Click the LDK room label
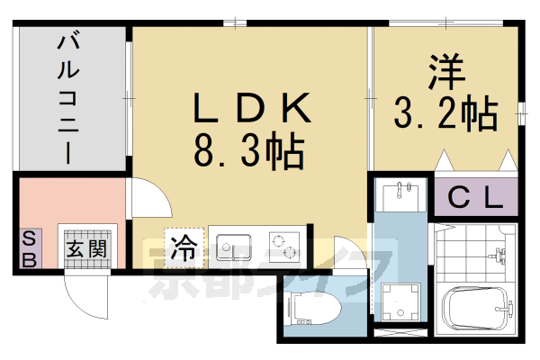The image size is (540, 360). [253, 111]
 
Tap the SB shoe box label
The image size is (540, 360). [29, 248]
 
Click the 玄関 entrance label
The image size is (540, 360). [86, 247]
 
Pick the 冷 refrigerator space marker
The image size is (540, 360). [184, 245]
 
